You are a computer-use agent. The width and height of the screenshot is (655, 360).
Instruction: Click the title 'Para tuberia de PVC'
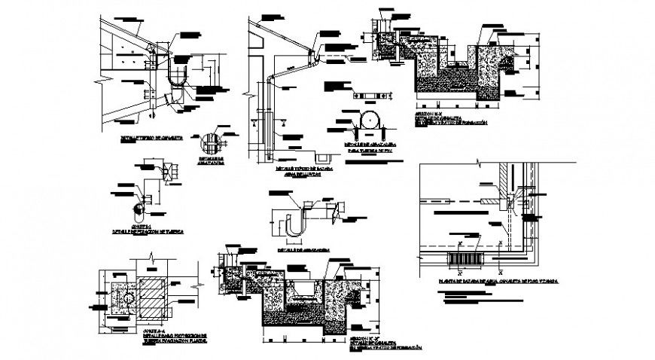(x=369, y=151)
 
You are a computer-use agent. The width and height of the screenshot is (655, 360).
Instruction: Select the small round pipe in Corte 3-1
(x=138, y=205)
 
